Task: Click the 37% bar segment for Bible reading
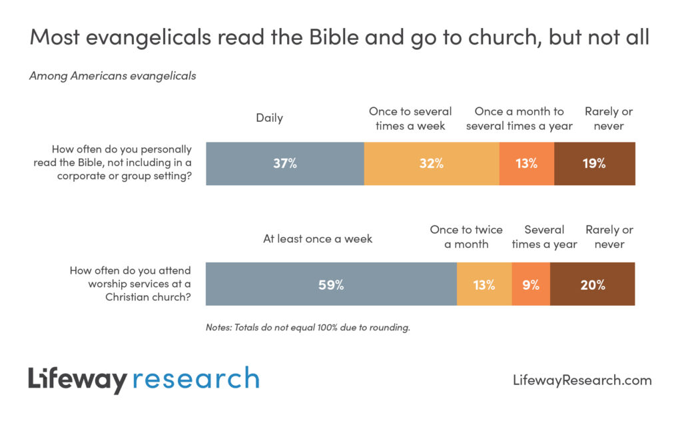(x=284, y=163)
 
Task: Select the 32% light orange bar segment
(x=432, y=163)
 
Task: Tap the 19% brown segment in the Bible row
(x=594, y=163)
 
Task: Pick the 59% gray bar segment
(x=331, y=284)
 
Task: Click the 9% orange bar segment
(x=531, y=284)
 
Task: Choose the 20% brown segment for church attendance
(x=592, y=284)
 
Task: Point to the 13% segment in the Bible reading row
(x=526, y=163)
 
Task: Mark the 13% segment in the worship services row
(x=484, y=284)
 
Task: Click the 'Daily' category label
(x=269, y=118)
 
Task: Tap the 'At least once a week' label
(x=317, y=238)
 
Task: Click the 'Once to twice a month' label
(x=466, y=236)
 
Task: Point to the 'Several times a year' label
(x=544, y=236)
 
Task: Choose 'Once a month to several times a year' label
(x=519, y=118)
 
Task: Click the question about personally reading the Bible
(x=113, y=163)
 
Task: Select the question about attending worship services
(x=130, y=284)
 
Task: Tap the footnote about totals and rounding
(x=307, y=327)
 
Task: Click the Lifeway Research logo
(x=143, y=379)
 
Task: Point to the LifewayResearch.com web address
(x=582, y=380)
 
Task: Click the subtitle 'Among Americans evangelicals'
(x=113, y=75)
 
